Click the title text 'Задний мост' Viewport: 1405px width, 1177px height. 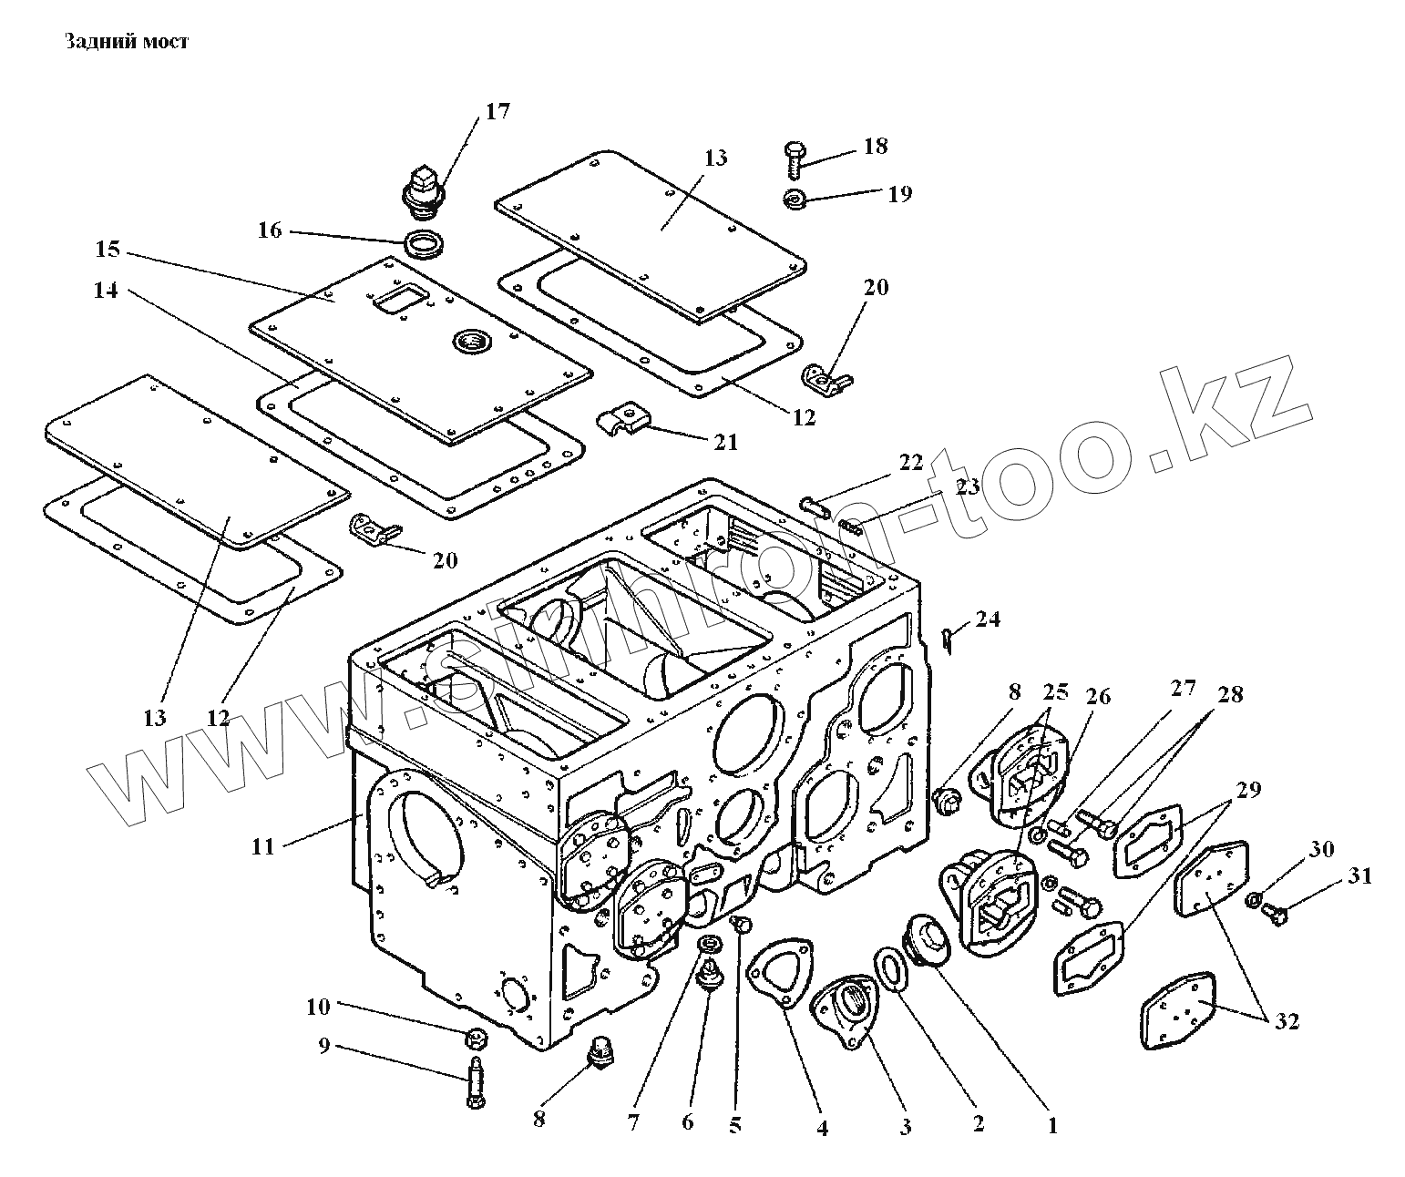click(126, 42)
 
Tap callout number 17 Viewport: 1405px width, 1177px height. click(497, 112)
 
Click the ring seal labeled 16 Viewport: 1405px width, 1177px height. click(425, 244)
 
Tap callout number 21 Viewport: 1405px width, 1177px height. click(725, 442)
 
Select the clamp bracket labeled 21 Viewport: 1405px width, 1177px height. click(624, 420)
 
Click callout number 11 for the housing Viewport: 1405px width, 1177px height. click(262, 847)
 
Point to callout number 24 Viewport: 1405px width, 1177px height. click(987, 619)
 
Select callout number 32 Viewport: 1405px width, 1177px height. click(1286, 1022)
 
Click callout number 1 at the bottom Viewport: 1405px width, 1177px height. click(1052, 1126)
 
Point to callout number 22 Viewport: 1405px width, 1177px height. click(910, 462)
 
